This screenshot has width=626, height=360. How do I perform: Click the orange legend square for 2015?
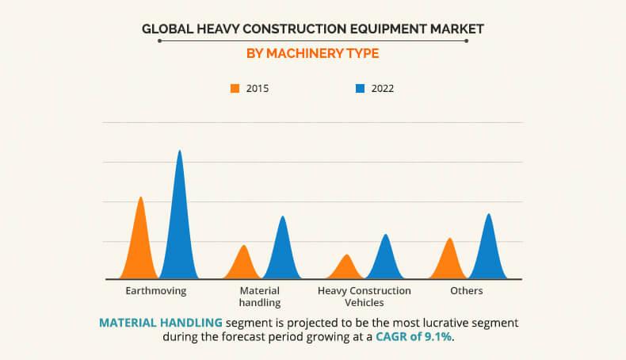point(235,89)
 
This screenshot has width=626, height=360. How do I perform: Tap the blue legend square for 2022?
point(360,89)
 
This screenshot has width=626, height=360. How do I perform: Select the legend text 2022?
point(382,89)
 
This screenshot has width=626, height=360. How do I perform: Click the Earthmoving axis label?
point(156,291)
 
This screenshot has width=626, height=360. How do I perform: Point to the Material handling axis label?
point(260,297)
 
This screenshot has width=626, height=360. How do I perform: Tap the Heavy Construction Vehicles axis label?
point(365,297)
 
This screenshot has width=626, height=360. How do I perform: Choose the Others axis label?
point(467,291)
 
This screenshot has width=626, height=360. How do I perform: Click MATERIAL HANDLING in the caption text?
point(161,323)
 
